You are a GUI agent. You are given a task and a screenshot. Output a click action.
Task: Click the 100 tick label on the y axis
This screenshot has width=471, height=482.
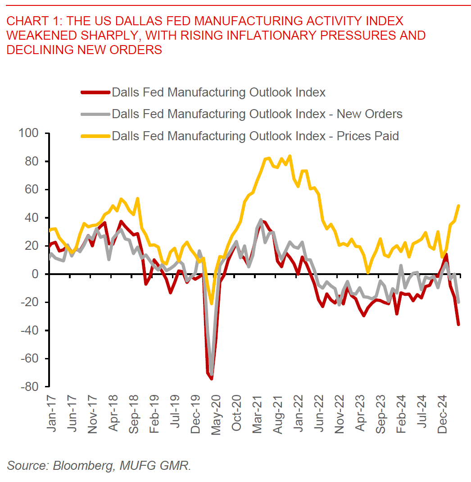29,133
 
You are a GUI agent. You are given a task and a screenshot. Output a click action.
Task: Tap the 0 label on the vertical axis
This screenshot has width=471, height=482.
37,274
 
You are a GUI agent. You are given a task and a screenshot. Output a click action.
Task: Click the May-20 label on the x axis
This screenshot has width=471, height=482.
216,413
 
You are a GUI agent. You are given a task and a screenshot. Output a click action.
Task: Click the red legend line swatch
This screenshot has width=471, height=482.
95,92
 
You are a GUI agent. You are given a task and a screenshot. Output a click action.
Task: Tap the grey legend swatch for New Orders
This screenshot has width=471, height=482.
95,114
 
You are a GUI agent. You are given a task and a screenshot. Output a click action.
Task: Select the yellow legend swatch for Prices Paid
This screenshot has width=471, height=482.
95,136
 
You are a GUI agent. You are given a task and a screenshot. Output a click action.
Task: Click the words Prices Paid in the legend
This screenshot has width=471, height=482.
368,136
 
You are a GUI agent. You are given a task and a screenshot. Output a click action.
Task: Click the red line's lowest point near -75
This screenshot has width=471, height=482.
211,378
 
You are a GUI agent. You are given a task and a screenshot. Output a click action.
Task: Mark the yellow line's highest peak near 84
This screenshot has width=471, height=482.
290,156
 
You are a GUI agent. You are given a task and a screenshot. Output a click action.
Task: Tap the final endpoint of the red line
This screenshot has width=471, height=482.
458,324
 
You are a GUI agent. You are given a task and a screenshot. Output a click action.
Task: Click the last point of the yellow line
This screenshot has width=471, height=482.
458,206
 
